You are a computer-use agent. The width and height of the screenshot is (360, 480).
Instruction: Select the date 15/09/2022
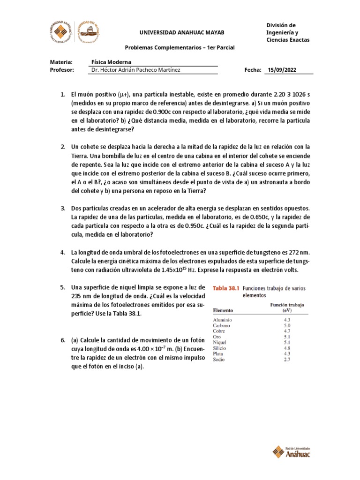click(282, 70)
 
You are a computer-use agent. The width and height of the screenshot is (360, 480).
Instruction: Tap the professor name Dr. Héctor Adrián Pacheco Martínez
click(135, 70)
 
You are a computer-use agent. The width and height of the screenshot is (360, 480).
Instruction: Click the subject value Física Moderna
click(112, 62)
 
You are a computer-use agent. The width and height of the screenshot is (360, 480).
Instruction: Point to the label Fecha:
click(253, 70)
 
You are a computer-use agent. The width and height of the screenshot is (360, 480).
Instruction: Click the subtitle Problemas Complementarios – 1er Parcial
click(180, 48)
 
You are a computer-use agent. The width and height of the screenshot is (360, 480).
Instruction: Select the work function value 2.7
click(287, 360)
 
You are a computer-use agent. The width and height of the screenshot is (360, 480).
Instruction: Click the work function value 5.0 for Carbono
click(287, 325)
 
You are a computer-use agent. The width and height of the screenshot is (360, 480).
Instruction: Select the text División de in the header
click(281, 25)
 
